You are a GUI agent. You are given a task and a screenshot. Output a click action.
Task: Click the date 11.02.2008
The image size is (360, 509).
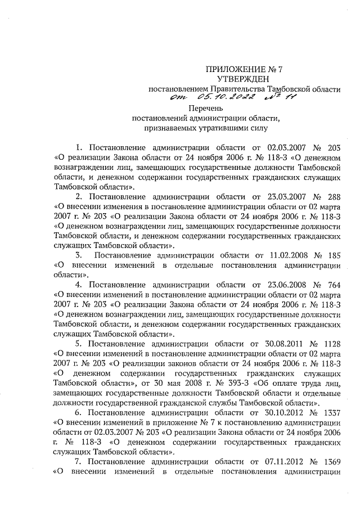276,255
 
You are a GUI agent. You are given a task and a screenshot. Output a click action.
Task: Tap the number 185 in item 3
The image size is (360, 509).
334,255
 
